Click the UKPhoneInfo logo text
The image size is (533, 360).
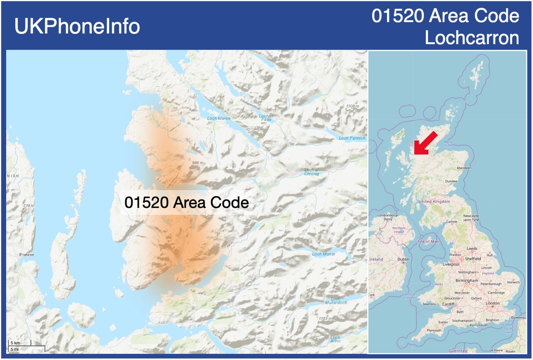[77, 26]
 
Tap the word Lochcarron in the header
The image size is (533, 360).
[472, 38]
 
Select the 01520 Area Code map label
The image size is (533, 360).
[187, 202]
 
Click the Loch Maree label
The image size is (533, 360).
[219, 119]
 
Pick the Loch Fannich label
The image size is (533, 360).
[351, 138]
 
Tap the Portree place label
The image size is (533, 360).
[26, 255]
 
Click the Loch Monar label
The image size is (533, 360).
[324, 254]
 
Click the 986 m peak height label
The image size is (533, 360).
[198, 163]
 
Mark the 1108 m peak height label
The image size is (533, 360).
[352, 106]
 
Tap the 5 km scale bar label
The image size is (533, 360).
[15, 343]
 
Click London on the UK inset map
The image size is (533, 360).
[492, 303]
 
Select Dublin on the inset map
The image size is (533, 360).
[404, 259]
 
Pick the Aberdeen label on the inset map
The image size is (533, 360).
[464, 168]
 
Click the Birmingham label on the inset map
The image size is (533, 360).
[467, 280]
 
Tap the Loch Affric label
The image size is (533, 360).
[335, 339]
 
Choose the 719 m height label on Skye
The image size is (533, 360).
[28, 206]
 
